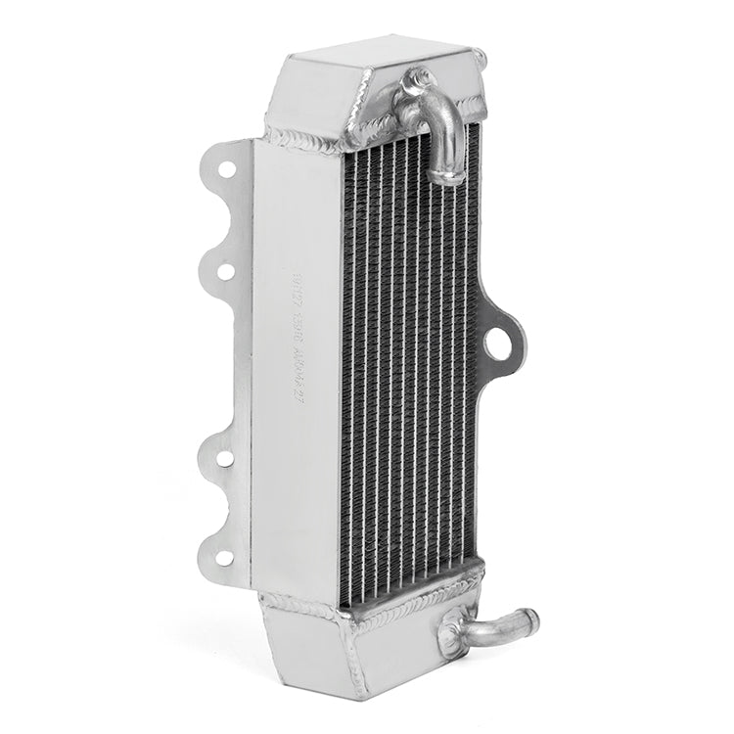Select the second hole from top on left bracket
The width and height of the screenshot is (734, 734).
point(224,271)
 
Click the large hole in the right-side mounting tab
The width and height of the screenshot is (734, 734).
point(504,344)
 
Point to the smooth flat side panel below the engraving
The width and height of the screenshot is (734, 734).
point(294,489)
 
